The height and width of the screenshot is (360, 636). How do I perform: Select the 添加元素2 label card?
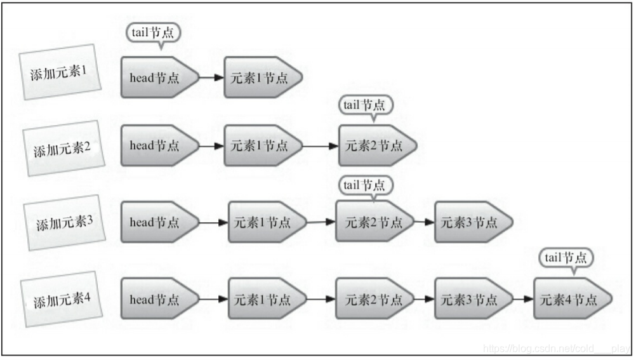pos(62,149)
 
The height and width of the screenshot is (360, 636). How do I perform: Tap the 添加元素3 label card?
pos(64,223)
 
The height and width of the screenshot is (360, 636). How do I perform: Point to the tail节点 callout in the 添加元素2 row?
pos(364,105)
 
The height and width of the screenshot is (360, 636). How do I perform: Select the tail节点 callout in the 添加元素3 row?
pos(364,185)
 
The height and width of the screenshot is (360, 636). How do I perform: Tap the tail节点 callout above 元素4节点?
pos(567,258)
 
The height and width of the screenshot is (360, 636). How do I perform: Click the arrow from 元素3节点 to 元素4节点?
pos(523,299)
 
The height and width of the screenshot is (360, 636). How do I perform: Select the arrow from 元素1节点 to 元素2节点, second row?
pos(321,145)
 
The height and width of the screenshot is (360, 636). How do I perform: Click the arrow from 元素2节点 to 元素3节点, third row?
pos(424,222)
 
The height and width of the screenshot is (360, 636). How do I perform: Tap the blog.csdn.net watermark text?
pos(556,349)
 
